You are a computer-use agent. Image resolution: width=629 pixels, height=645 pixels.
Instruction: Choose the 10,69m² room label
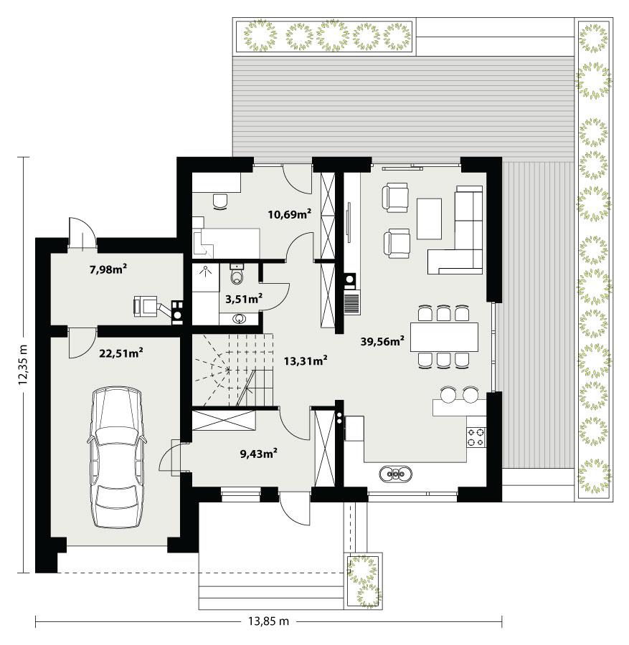(x=289, y=214)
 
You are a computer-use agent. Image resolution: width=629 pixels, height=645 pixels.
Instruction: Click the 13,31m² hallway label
(x=306, y=360)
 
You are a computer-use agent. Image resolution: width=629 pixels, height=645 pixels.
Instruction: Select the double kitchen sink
(x=395, y=472)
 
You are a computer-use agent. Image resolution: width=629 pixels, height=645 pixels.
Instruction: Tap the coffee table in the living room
(x=430, y=218)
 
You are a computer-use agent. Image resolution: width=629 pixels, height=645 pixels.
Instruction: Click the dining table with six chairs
(x=444, y=336)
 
